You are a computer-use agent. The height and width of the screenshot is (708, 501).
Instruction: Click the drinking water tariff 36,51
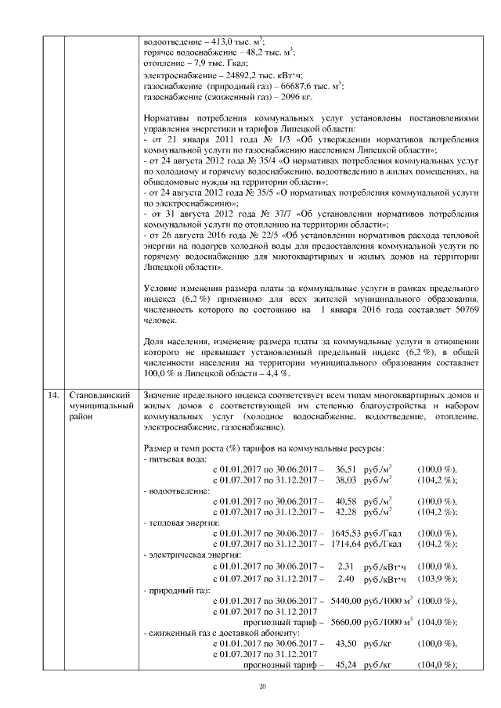[345, 468]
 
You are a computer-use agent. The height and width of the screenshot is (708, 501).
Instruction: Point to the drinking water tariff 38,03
[345, 479]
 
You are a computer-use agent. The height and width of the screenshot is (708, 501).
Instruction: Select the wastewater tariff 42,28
[345, 512]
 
